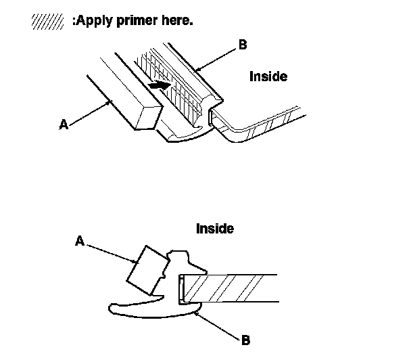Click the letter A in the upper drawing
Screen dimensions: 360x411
(64, 124)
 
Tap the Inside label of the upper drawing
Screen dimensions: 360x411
(268, 76)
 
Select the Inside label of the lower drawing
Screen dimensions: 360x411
(215, 229)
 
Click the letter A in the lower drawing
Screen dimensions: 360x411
(79, 240)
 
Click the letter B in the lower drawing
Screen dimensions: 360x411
(245, 340)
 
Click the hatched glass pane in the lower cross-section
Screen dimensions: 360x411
(230, 288)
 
